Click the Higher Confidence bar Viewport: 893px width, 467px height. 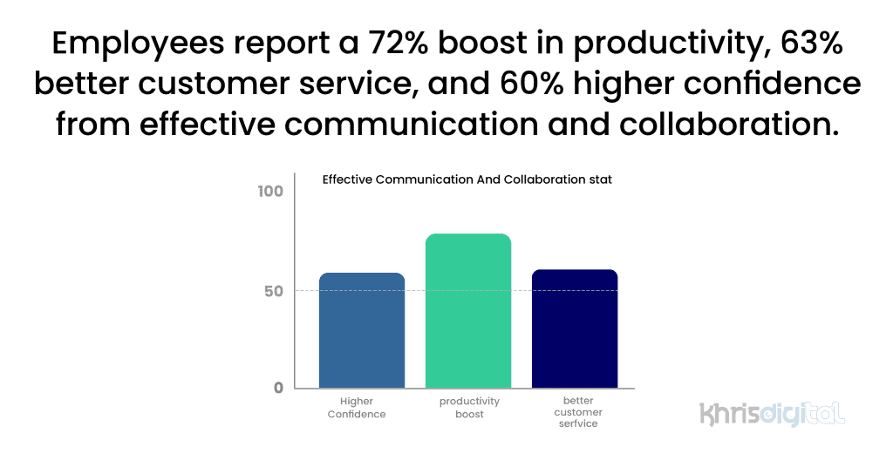pyautogui.click(x=362, y=330)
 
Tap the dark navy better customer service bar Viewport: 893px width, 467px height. pyautogui.click(x=575, y=328)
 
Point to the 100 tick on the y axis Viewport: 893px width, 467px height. pyautogui.click(x=271, y=191)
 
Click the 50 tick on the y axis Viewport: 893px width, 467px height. pyautogui.click(x=274, y=291)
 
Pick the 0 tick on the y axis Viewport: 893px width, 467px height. pyautogui.click(x=278, y=388)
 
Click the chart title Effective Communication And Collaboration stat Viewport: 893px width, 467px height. pyautogui.click(x=467, y=180)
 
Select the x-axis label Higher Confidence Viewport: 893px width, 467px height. pyautogui.click(x=357, y=408)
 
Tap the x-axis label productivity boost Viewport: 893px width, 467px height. pyautogui.click(x=469, y=408)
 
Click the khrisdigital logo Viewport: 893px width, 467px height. pyautogui.click(x=772, y=413)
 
